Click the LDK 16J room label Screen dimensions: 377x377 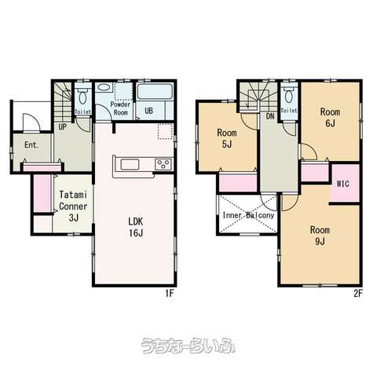click(136, 227)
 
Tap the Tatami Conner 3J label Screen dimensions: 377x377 click(73, 206)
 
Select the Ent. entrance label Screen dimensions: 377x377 click(31, 145)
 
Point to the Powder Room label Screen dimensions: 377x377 click(120, 108)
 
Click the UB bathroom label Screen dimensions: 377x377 click(148, 111)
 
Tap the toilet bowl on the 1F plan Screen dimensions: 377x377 click(83, 97)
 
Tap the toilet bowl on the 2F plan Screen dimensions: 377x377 click(288, 96)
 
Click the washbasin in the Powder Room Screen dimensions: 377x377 click(104, 87)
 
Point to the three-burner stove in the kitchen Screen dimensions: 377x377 click(163, 165)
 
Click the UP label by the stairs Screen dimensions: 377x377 click(62, 127)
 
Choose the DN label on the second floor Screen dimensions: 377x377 click(270, 116)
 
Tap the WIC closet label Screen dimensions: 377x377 click(343, 184)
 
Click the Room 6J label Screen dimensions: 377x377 click(330, 118)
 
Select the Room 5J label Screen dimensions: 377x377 click(227, 138)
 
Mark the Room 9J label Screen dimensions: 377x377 click(320, 236)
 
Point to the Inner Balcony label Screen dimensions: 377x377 click(248, 215)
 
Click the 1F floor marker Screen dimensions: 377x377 click(170, 294)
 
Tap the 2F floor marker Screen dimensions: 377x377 click(358, 294)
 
